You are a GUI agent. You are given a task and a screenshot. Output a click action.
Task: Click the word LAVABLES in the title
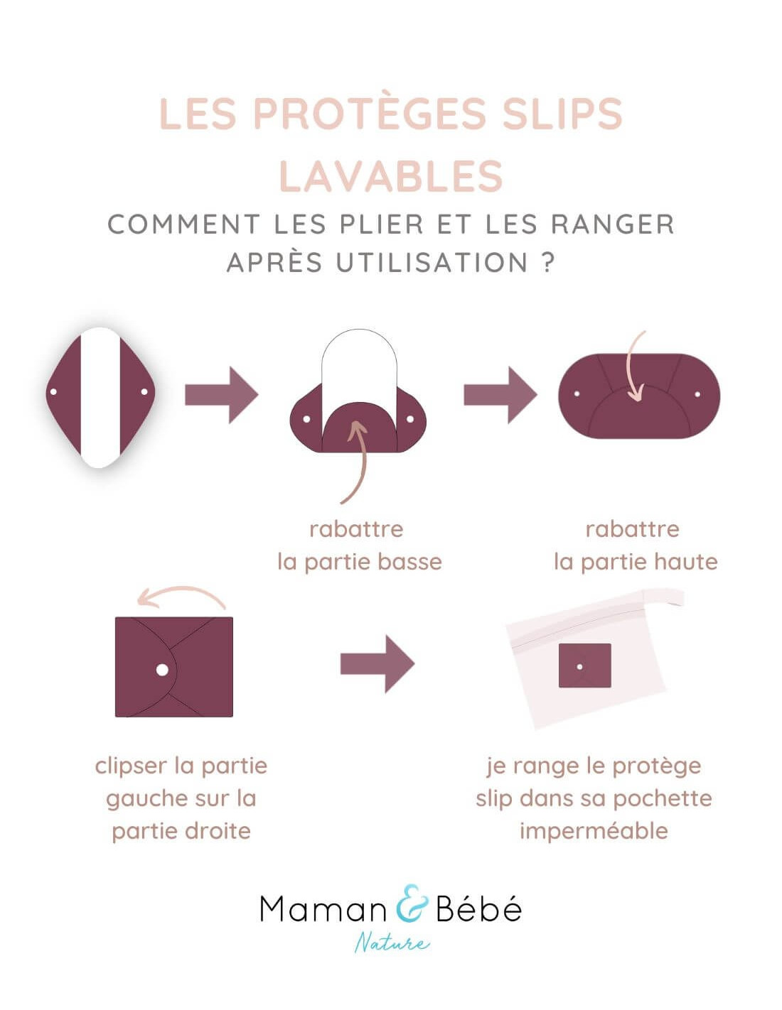390,176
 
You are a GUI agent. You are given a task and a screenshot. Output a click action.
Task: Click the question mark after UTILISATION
549,262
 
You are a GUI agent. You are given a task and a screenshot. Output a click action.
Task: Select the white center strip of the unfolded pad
100,398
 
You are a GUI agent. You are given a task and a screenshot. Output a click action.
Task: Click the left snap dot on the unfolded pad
53,392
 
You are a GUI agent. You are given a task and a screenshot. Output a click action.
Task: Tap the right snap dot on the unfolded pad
144,392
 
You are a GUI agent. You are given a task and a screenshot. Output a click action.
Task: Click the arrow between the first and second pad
221,395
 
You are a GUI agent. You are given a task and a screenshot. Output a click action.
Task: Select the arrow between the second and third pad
500,395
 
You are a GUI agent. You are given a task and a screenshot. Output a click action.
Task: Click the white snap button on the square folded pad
162,670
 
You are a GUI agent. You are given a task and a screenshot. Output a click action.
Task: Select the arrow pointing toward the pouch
377,665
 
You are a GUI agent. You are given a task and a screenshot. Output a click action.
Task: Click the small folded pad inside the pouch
585,666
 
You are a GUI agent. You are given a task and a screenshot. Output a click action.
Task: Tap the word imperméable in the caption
594,831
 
